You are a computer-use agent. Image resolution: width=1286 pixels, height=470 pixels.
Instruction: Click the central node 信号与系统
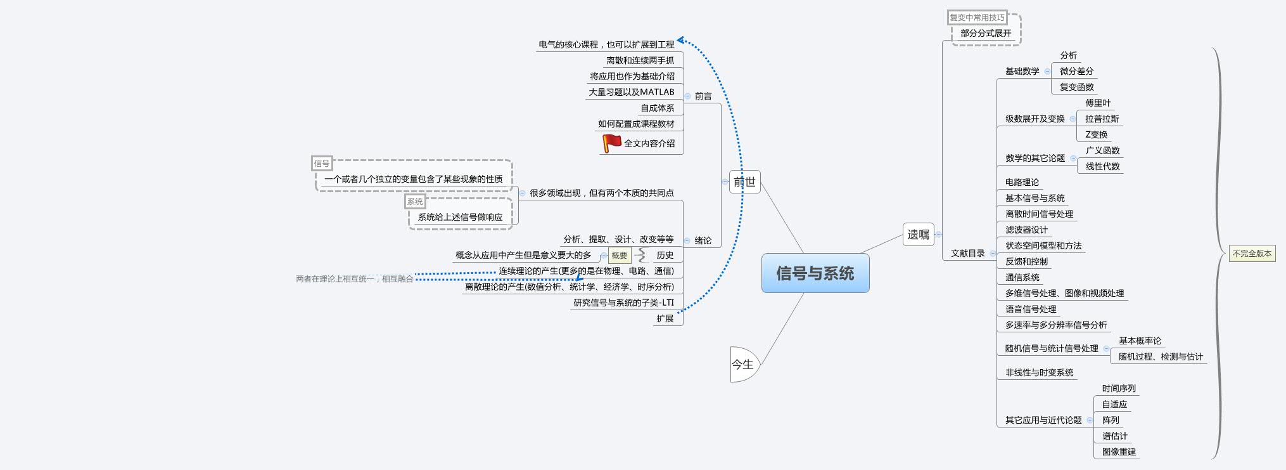click(x=815, y=273)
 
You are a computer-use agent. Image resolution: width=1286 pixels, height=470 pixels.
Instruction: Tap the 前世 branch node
click(x=744, y=182)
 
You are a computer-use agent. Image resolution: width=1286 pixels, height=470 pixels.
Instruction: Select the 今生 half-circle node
click(x=743, y=365)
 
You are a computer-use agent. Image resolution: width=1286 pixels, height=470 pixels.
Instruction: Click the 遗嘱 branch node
click(x=918, y=235)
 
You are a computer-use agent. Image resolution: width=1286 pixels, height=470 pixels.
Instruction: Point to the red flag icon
click(x=611, y=143)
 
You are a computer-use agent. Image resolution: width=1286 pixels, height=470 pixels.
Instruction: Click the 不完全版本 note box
click(x=1252, y=254)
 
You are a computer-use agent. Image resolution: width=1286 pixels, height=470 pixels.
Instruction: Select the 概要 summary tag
click(x=620, y=256)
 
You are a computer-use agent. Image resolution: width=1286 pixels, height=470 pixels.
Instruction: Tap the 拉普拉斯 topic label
click(x=1102, y=119)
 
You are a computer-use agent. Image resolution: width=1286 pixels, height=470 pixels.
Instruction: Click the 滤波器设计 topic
click(x=1026, y=230)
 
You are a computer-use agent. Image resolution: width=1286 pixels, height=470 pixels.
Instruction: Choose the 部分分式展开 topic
click(x=986, y=33)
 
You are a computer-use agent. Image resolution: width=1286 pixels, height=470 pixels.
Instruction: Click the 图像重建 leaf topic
click(x=1119, y=452)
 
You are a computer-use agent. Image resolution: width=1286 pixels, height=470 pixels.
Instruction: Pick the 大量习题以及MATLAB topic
click(x=632, y=92)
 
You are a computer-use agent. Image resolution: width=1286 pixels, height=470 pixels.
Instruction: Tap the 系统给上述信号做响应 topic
click(x=460, y=217)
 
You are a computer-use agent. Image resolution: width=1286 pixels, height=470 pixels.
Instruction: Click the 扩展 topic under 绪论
click(x=665, y=318)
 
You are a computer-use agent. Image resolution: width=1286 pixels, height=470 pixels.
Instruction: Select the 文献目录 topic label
click(x=967, y=253)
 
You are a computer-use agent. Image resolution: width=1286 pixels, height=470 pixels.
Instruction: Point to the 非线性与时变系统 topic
click(x=1039, y=372)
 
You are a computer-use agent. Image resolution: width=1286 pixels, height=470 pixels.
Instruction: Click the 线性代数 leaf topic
click(x=1102, y=166)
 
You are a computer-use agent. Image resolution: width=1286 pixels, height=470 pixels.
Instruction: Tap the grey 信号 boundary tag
click(x=322, y=164)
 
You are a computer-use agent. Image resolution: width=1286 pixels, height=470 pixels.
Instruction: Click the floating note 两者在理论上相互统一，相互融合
click(x=354, y=279)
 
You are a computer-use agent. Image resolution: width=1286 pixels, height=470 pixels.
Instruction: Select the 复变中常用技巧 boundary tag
click(x=977, y=18)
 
